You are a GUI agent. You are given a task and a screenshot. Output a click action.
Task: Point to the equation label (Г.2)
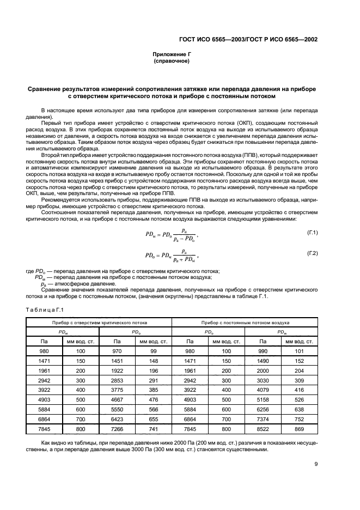point(312,254)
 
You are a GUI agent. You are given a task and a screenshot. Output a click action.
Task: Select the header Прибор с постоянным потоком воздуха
point(245,323)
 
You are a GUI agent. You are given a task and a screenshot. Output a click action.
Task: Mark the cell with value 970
point(117,351)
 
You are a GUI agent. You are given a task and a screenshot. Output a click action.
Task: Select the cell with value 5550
point(117,409)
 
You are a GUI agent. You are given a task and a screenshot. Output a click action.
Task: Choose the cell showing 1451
point(117,361)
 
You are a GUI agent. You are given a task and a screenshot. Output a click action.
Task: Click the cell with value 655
point(153,418)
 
